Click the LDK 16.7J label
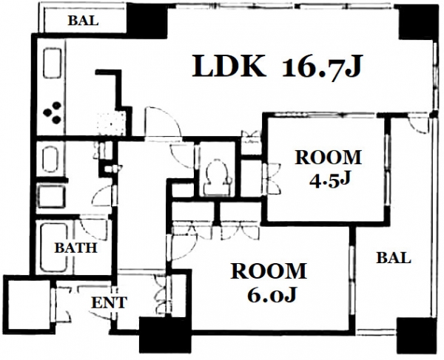coord(277,67)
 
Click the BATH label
coord(76,248)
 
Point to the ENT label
coord(109,302)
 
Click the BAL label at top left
coord(83,21)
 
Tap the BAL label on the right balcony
coord(394,258)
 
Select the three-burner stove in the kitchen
coord(53,113)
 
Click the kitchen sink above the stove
coord(53,63)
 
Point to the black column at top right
coord(416,21)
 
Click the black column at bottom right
coord(414,334)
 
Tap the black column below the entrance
coord(165,335)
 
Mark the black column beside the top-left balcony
coord(147,21)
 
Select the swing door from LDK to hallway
coord(163,122)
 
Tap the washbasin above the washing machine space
coord(50,159)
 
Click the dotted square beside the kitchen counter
coord(111,124)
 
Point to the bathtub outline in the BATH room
coord(55,247)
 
